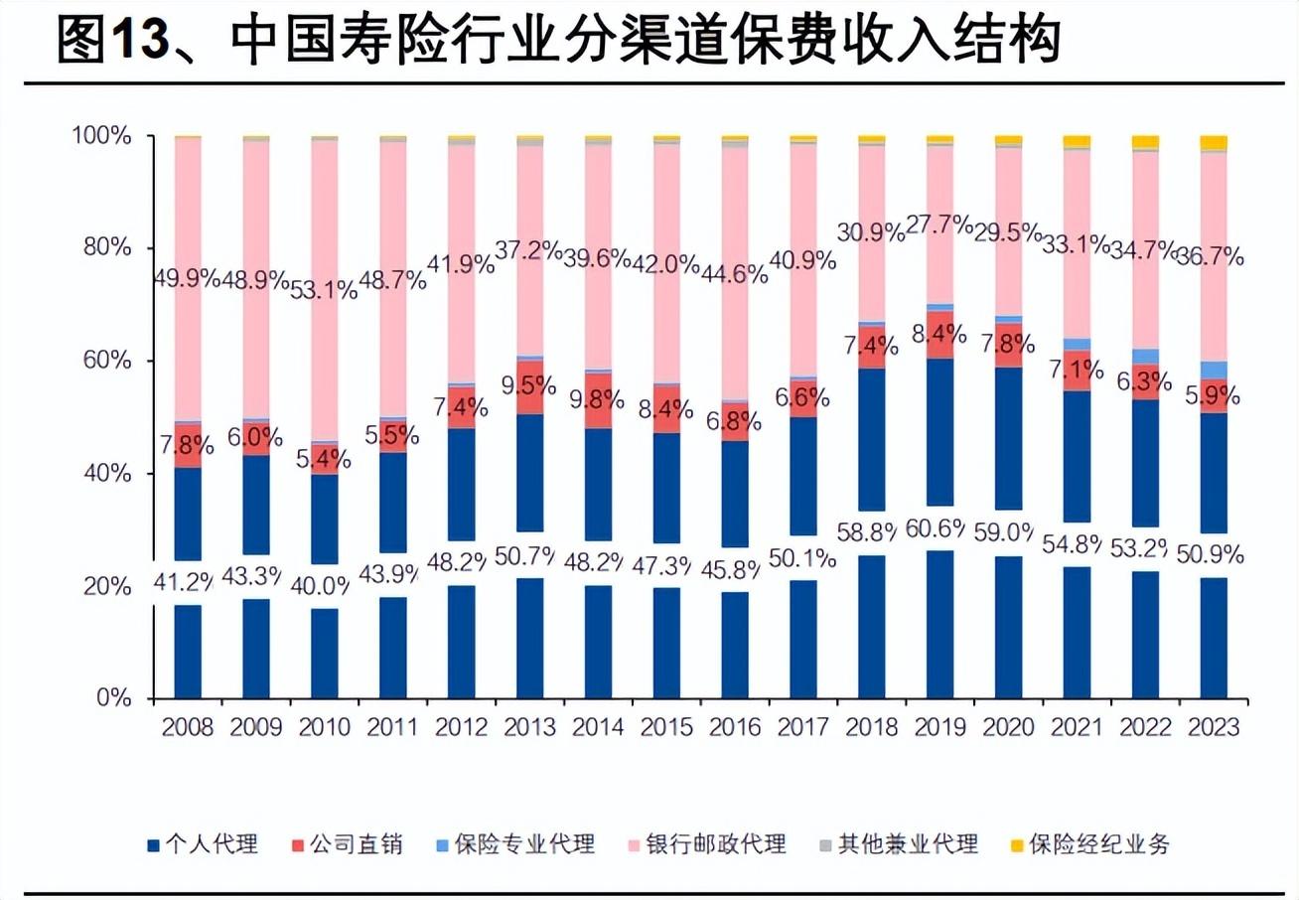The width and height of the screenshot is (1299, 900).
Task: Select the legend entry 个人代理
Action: click(204, 844)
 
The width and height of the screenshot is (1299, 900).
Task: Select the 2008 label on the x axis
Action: click(188, 727)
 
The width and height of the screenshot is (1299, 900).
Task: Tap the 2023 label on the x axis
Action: click(1213, 727)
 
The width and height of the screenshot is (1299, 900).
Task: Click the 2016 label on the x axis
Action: click(735, 727)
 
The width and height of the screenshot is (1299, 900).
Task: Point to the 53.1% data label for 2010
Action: click(325, 290)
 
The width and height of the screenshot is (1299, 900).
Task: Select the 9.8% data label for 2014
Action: click(598, 400)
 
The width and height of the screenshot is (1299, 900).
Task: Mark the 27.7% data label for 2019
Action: click(939, 225)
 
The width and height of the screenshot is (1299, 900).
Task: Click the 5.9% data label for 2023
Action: click(1213, 396)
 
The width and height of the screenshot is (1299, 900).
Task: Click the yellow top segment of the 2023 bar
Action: click(1213, 143)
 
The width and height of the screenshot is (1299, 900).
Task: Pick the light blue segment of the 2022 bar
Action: click(1145, 357)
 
